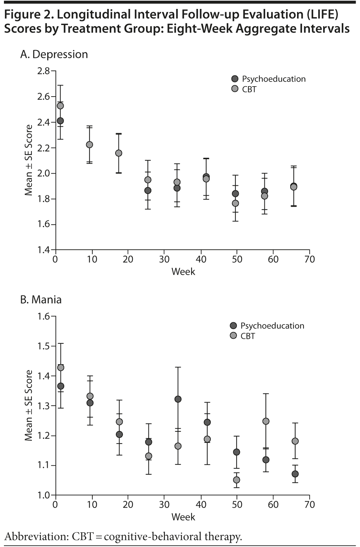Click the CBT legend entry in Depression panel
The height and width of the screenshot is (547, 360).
pos(249,89)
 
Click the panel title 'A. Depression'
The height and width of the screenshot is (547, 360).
pos(54,54)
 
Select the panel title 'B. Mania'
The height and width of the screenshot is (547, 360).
pos(41,299)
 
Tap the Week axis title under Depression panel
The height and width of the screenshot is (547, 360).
pos(183,272)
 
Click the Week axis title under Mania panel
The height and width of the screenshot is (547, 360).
pos(183,517)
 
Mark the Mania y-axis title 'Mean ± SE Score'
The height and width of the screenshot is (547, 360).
pos(29,405)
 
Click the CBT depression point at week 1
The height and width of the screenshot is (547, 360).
pos(60,106)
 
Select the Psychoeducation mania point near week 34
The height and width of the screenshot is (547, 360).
pos(178,399)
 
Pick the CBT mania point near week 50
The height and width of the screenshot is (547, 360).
pos(236,480)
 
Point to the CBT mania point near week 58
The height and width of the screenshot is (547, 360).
pos(266,421)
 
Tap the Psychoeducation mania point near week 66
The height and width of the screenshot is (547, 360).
pos(295,474)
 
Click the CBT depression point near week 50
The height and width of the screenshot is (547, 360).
pos(235,203)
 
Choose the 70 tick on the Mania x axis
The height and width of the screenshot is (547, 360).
pos(310,505)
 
